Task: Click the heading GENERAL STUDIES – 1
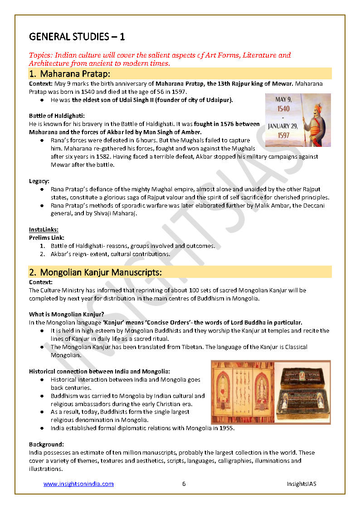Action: pos(77,36)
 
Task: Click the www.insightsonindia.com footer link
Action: pos(78,484)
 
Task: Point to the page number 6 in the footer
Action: pos(184,484)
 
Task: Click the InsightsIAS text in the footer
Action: pos(301,484)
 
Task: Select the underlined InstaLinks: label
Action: pos(44,229)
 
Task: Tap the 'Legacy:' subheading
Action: pos(39,181)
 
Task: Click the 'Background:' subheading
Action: pos(46,444)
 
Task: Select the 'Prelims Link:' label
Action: pos(47,238)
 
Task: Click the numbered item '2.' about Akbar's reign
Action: pos(42,254)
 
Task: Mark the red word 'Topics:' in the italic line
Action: pos(41,55)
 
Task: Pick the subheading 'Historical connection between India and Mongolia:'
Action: pos(99,371)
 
